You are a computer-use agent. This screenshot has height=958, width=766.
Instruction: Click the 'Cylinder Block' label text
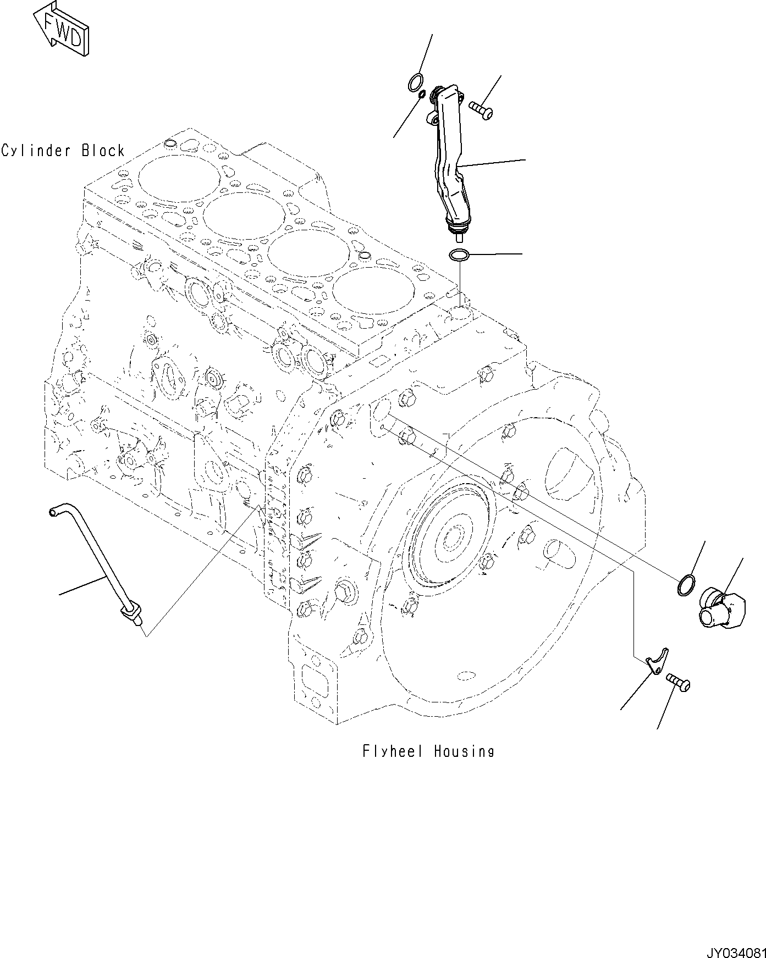pyautogui.click(x=63, y=150)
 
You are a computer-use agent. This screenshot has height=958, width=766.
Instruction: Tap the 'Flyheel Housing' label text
pyautogui.click(x=428, y=751)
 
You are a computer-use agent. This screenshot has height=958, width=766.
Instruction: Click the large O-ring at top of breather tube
pyautogui.click(x=416, y=83)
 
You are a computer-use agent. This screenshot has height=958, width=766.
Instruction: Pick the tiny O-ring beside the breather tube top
pyautogui.click(x=422, y=96)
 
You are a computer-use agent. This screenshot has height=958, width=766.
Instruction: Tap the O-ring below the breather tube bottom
pyautogui.click(x=459, y=255)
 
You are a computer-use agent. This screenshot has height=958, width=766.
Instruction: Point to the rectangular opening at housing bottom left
pyautogui.click(x=317, y=683)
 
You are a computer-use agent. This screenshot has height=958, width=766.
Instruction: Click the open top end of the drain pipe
pyautogui.click(x=53, y=512)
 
